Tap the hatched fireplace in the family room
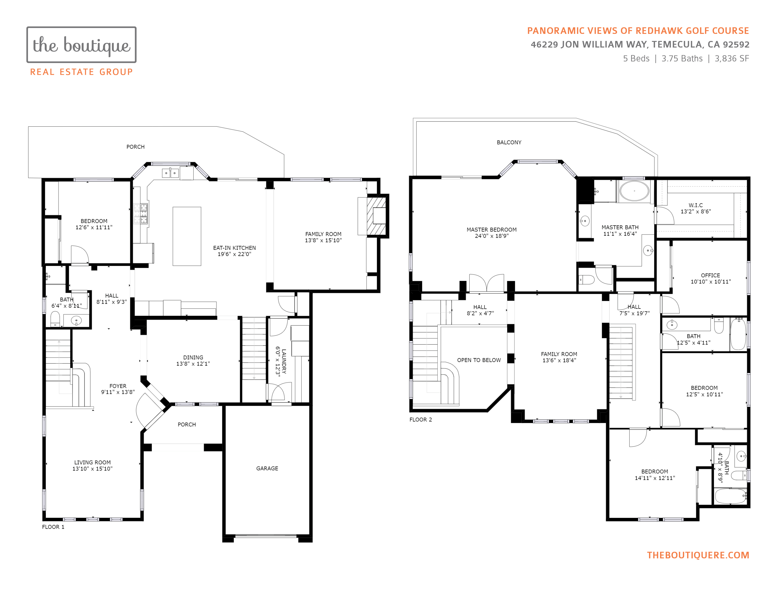(x=376, y=216)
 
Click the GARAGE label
(x=267, y=468)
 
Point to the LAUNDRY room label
(x=284, y=361)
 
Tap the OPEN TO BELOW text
(x=479, y=360)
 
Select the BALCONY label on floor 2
(x=509, y=142)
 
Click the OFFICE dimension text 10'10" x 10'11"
(x=711, y=281)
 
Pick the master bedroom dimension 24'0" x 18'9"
(x=492, y=236)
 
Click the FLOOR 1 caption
(x=53, y=527)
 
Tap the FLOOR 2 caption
(x=421, y=420)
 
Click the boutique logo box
(x=81, y=45)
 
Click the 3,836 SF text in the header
(x=732, y=59)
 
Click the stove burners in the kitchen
(x=141, y=213)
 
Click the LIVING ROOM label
(x=92, y=462)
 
